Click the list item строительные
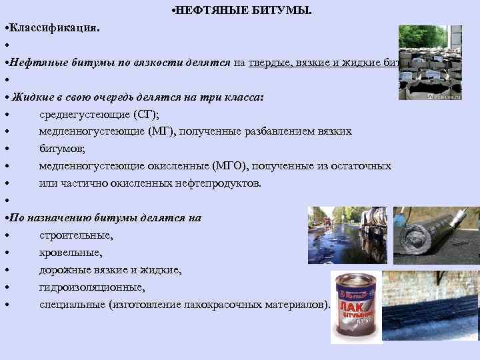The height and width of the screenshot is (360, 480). pyautogui.click(x=75, y=235)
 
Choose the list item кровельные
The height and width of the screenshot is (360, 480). pyautogui.click(x=71, y=253)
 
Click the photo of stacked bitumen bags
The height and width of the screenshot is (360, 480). pyautogui.click(x=430, y=63)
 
